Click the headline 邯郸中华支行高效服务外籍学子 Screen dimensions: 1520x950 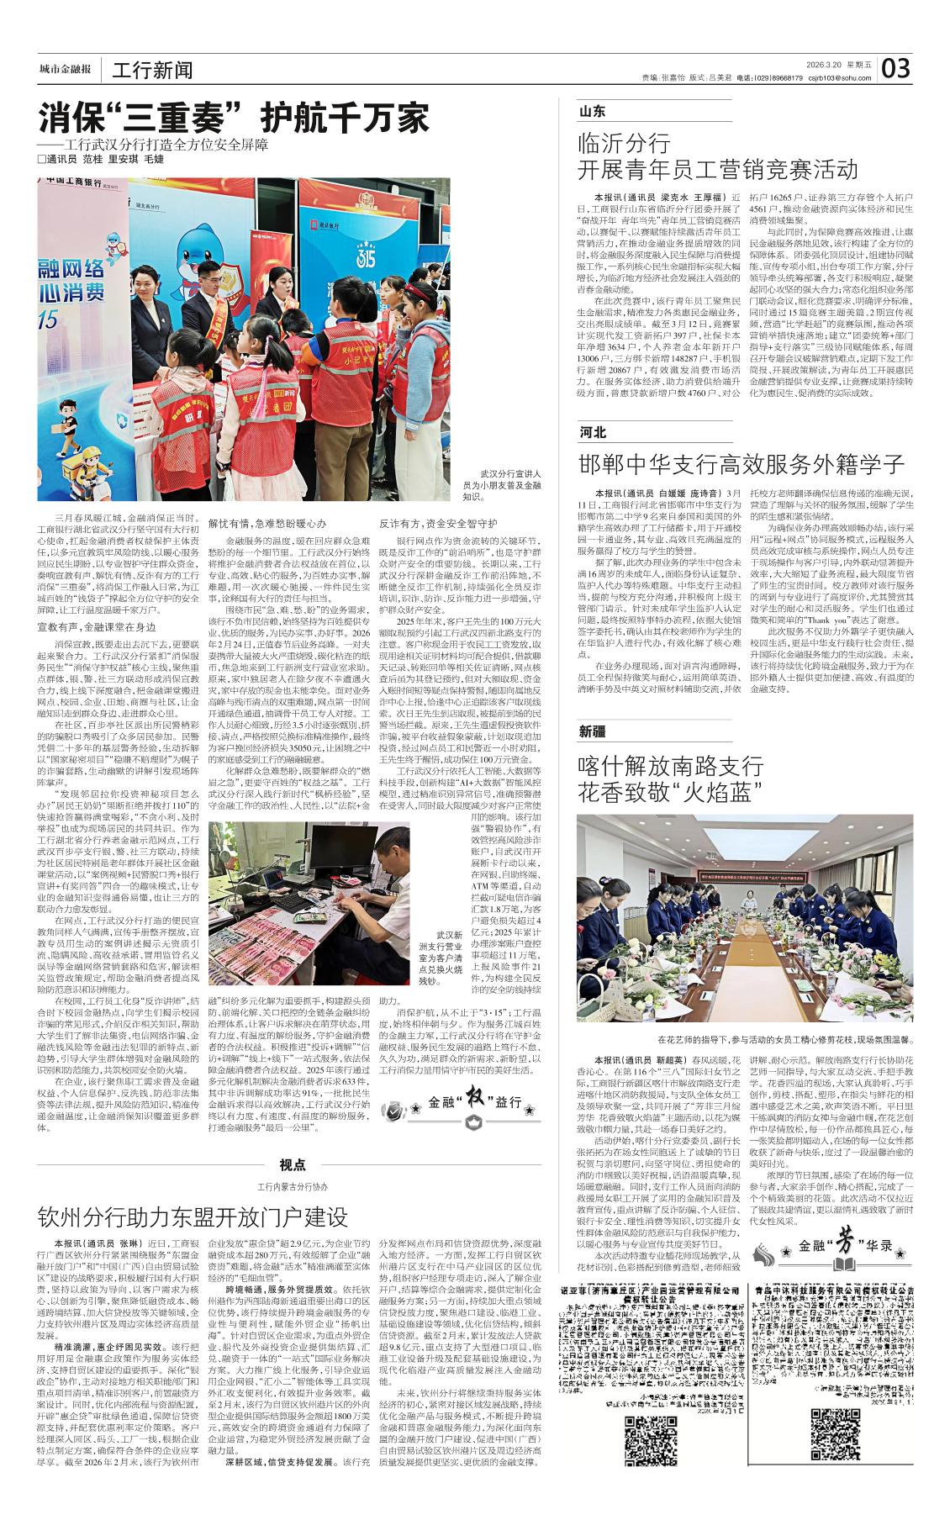(x=742, y=465)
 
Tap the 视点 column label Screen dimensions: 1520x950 (x=292, y=1164)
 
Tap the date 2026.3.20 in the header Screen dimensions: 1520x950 (x=822, y=65)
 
